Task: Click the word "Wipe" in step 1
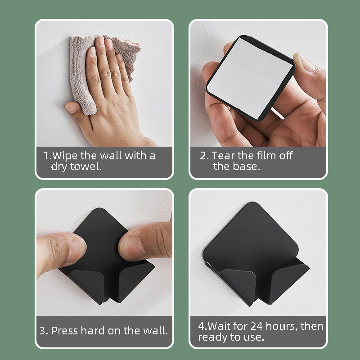point(65,156)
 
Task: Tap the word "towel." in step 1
point(86,166)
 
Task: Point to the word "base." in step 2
point(247,166)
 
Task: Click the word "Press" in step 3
point(64,331)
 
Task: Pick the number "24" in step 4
point(256,326)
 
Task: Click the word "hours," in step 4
point(282,326)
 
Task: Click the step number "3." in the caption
point(44,331)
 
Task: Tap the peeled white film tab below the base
point(277,113)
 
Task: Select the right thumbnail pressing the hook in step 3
point(131,248)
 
